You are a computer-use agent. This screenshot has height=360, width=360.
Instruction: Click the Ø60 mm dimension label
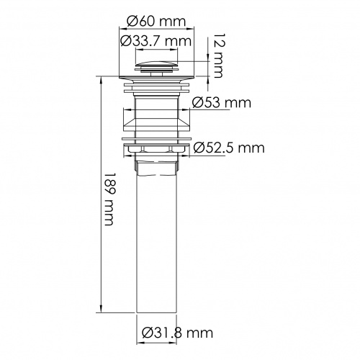click(x=156, y=22)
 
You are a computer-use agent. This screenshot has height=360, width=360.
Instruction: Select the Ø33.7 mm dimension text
click(x=156, y=41)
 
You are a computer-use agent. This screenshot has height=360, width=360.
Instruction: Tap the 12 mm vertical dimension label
click(x=218, y=55)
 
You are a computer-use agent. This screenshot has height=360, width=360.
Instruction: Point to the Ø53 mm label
click(x=222, y=103)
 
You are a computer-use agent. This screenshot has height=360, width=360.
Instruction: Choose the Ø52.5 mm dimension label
click(x=229, y=148)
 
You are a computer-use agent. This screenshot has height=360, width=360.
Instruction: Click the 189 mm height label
click(x=109, y=199)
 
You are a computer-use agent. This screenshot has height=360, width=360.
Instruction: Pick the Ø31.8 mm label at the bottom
click(x=177, y=333)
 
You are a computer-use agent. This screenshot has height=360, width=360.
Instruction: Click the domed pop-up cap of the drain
click(x=156, y=65)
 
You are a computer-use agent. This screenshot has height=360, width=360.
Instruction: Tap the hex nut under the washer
click(x=157, y=150)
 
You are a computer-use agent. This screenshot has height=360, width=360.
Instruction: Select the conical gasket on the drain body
click(x=156, y=125)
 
